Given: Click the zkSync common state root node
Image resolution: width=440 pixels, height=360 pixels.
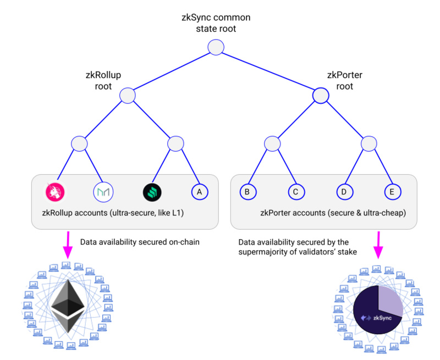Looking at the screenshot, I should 216,48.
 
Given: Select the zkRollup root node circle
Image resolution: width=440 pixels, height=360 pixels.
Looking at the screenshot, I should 128,96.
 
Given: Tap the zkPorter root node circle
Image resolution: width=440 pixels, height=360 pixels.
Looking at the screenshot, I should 321,96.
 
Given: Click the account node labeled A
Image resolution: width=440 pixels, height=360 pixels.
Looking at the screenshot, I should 199,191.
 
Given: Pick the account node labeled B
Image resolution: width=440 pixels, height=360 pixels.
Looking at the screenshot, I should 248,191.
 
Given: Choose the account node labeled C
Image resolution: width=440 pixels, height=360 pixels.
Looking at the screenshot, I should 296,191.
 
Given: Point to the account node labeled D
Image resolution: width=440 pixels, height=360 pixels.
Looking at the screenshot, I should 344,191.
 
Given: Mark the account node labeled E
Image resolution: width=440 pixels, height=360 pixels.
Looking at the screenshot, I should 392,191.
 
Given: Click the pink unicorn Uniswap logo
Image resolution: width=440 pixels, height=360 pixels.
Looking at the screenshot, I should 55,191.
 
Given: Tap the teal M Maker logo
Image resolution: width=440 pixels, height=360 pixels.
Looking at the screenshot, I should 103,191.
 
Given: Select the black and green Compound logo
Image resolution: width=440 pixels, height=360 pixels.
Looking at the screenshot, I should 152,191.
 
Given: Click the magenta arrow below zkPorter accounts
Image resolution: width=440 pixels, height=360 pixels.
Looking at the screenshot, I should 379,244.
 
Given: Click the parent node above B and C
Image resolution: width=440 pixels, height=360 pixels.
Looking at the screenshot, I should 272,144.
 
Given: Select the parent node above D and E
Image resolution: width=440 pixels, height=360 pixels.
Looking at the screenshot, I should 369,144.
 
